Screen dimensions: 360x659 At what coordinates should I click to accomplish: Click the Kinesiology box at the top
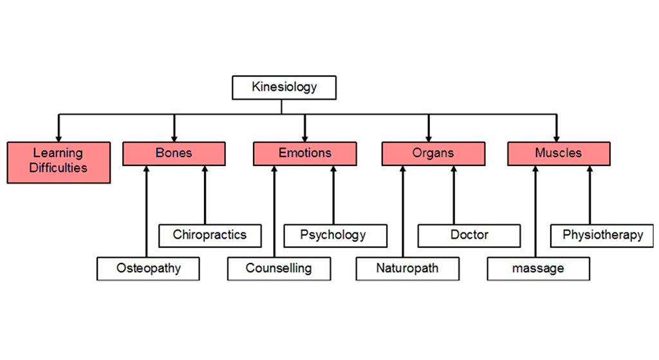(x=284, y=88)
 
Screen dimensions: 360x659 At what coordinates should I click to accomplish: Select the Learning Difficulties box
(x=59, y=162)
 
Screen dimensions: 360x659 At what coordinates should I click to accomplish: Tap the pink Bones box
(x=174, y=154)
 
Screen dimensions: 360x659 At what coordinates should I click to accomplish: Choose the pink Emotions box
(x=305, y=154)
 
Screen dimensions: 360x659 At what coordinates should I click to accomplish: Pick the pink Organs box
(x=433, y=154)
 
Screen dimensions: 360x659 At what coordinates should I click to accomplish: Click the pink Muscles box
(x=559, y=154)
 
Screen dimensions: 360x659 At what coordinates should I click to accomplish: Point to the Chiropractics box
(x=210, y=235)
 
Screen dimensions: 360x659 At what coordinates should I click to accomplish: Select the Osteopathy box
(x=149, y=269)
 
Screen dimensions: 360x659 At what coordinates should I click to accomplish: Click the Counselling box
(x=279, y=269)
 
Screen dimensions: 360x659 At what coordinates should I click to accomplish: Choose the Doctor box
(x=469, y=235)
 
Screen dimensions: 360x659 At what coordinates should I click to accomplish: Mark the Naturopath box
(x=407, y=269)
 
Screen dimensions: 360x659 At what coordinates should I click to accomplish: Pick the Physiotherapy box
(x=603, y=235)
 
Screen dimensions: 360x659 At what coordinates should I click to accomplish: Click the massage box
(x=538, y=269)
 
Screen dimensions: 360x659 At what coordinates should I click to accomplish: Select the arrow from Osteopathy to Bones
(x=147, y=213)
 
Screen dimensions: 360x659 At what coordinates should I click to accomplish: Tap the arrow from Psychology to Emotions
(x=333, y=196)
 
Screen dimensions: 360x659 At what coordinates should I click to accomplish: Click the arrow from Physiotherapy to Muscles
(x=589, y=196)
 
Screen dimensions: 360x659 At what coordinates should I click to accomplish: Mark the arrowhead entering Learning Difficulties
(x=59, y=137)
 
